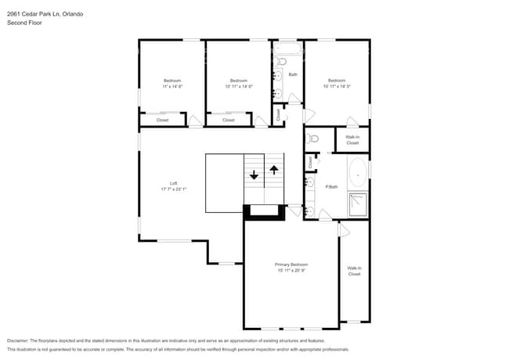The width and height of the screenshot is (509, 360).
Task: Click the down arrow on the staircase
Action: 254,175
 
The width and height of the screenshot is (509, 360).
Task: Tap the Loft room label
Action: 174,183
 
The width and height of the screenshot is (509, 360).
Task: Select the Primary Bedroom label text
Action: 291,265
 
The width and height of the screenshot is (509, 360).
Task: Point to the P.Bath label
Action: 332,186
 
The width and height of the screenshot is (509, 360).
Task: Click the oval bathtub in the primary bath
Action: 357,173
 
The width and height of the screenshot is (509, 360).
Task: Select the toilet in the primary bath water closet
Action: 313,139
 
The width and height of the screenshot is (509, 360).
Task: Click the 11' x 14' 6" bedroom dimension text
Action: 172,86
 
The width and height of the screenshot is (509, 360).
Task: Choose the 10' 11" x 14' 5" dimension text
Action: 337,86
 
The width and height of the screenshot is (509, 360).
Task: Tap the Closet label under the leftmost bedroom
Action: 162,120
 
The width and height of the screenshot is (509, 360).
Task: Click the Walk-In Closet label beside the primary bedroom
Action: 354,271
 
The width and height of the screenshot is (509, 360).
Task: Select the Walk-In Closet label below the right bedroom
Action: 352,140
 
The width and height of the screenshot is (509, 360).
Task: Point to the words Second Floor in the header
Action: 24,23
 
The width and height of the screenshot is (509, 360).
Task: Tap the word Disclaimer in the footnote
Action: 22,340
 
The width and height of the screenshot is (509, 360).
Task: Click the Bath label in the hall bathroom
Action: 293,74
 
